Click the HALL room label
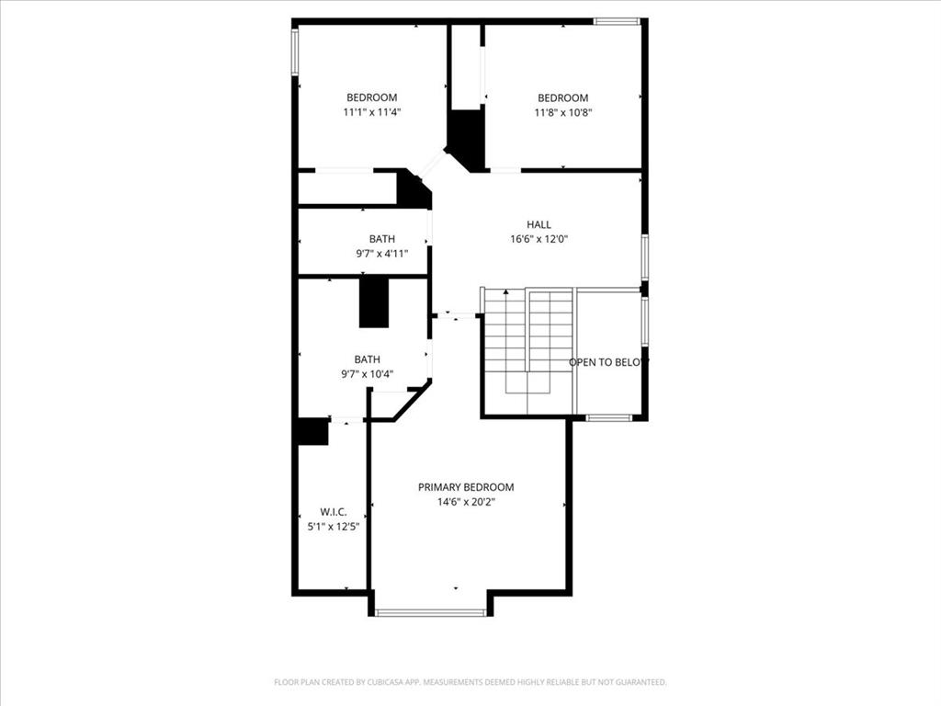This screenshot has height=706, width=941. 539,224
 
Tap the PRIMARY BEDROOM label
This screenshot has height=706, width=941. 466,487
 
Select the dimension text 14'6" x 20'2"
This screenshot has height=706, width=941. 466,502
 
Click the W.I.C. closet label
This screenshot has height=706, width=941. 333,512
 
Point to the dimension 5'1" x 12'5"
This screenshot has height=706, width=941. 333,527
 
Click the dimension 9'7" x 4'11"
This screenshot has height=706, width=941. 381,254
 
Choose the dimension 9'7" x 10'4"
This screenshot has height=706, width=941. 368,374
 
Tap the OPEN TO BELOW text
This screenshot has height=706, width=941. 608,362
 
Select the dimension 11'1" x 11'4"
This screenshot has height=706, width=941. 371,112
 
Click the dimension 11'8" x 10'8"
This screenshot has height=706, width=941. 562,112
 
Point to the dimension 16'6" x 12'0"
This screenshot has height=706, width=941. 539,239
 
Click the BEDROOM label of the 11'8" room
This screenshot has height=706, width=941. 562,98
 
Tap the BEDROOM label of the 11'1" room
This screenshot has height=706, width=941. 371,98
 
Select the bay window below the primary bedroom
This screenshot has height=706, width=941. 431,612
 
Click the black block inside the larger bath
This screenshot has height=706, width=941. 374,302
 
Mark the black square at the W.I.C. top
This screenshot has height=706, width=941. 313,432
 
